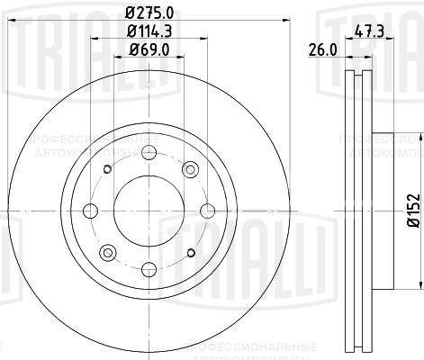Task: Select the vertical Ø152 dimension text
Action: (x=412, y=210)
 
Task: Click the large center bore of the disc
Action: (x=149, y=210)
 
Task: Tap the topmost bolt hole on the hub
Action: (x=149, y=151)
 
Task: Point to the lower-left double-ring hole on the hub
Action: (x=107, y=251)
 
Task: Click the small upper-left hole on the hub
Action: (x=108, y=168)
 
